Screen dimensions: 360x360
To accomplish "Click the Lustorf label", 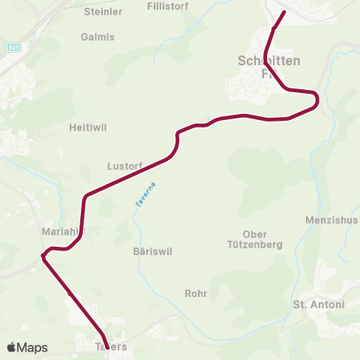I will tap(124, 165).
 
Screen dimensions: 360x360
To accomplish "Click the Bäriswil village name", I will tap(151, 252).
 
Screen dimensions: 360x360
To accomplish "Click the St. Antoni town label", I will tap(318, 304).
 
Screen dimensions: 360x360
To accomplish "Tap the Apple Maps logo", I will tap(27, 347).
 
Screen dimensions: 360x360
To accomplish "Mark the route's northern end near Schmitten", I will tap(283, 12).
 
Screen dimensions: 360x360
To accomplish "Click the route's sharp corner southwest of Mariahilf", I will tap(43, 256).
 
